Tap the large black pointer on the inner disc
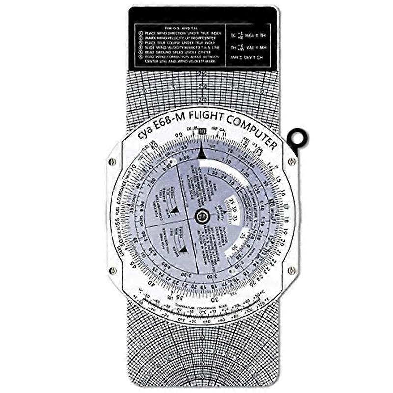tap(202, 153)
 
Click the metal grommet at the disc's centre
tap(202, 215)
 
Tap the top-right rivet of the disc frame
tap(292, 161)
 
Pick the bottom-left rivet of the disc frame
tap(113, 270)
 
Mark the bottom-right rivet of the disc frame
tap(292, 270)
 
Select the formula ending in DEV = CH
tap(249, 59)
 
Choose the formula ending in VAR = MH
tap(249, 47)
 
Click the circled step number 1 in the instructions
tap(141, 32)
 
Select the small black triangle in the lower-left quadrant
tap(182, 249)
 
